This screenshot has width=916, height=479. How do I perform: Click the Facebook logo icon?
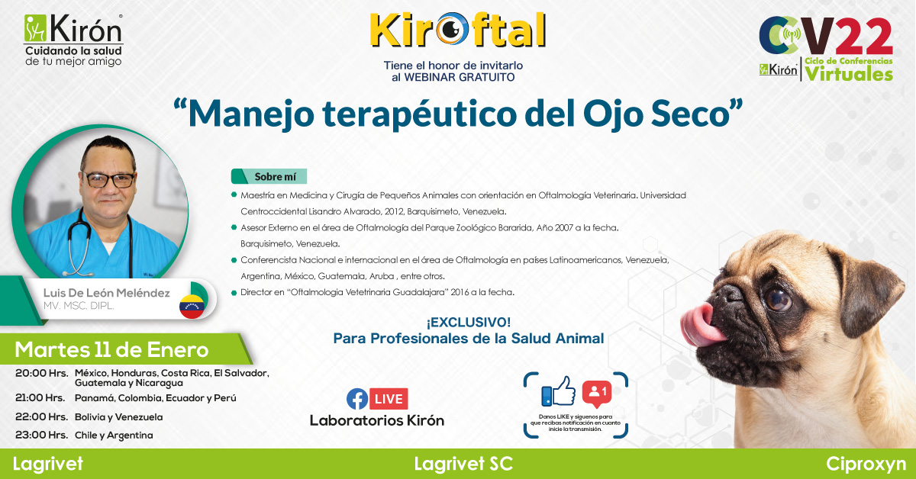[x=357, y=399]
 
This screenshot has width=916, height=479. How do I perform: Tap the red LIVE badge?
[x=389, y=399]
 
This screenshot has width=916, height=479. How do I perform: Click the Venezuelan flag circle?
[x=192, y=306]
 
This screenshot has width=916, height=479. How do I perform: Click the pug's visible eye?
[x=778, y=300]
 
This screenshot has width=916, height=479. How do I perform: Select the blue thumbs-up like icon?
[x=559, y=391]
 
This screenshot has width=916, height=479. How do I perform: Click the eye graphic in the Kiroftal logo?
[x=452, y=29]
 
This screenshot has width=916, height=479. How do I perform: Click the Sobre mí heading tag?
[x=269, y=176]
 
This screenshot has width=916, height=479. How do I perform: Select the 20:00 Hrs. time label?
[x=42, y=373]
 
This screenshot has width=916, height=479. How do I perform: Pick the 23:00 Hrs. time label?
[x=42, y=435]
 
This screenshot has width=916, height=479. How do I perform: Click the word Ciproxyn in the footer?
[x=866, y=465]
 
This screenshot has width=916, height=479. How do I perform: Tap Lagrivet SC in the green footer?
[x=463, y=464]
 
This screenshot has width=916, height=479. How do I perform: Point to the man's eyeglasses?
[x=108, y=180]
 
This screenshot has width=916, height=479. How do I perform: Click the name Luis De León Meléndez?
[x=106, y=293]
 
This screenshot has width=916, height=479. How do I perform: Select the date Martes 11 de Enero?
[x=111, y=350]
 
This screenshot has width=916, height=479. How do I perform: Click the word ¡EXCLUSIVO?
[x=469, y=323]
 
